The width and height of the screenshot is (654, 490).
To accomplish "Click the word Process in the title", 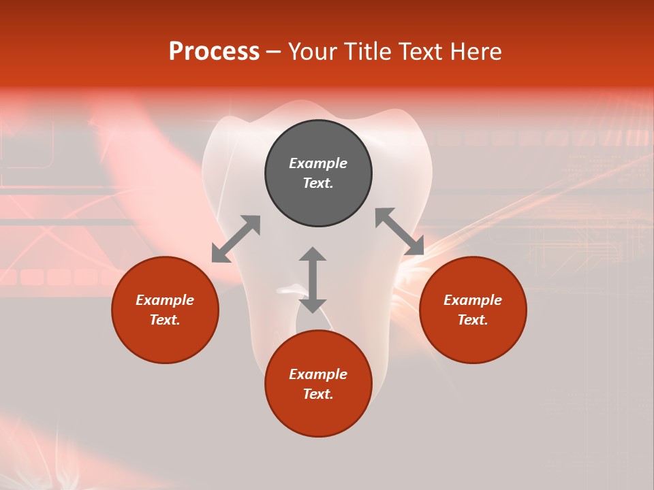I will tap(214, 52).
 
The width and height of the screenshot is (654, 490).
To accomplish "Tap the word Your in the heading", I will tap(313, 52).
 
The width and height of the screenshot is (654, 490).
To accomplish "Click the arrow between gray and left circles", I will tap(236, 239).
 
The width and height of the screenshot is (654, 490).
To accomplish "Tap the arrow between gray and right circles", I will tap(400, 231).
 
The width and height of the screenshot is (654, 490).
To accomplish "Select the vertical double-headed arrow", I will tap(313, 280).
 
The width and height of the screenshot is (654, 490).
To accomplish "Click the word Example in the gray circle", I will tap(318, 163).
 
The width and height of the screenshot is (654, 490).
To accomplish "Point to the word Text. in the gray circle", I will tap(318, 183).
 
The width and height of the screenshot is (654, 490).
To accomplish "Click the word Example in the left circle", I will tap(165, 300).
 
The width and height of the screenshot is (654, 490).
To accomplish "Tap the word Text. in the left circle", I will tap(165, 320).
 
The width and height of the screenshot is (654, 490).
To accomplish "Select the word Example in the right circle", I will tap(473, 300).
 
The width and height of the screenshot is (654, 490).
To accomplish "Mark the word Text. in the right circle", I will tap(473, 320).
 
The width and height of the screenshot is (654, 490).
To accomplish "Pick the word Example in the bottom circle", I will tap(318, 374).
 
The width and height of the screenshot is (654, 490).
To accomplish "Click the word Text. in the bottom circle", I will tap(318, 394).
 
